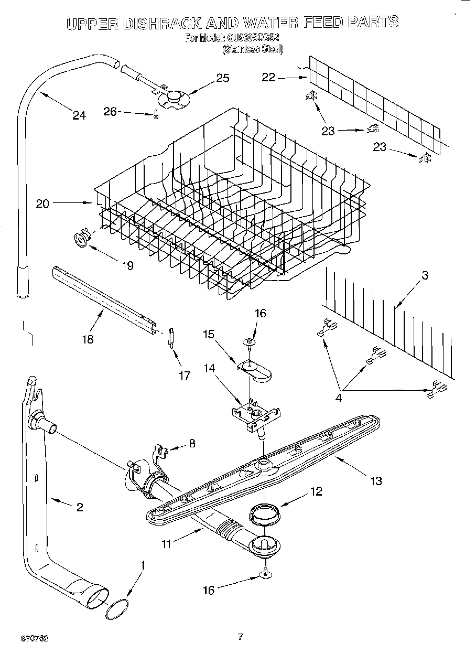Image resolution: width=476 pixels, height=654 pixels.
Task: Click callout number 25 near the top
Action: [222, 78]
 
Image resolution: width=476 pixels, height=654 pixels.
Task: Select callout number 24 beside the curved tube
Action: [79, 116]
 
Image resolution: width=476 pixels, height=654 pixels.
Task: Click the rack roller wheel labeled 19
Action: [82, 240]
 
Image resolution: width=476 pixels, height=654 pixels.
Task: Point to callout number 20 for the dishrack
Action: [42, 203]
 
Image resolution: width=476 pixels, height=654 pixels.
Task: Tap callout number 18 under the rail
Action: [88, 339]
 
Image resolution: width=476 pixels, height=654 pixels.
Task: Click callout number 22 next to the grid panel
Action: [268, 77]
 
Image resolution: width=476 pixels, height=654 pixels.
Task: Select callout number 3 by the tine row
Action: [425, 275]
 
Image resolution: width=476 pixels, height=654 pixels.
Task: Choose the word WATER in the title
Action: [270, 22]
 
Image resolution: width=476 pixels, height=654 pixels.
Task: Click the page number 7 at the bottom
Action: [240, 637]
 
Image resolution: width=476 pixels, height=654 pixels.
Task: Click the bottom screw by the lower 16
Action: [266, 573]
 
